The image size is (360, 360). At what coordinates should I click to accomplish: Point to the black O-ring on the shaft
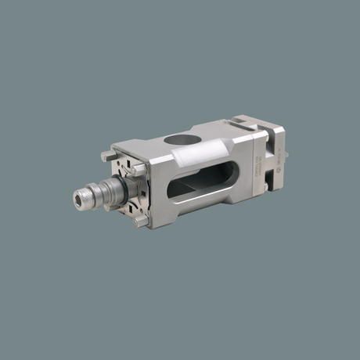coord(115,190)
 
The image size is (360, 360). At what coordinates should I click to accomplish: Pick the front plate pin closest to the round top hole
coord(138,167)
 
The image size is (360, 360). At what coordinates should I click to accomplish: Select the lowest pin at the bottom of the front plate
coord(142,221)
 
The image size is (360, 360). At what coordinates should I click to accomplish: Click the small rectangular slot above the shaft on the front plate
coord(125,167)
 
